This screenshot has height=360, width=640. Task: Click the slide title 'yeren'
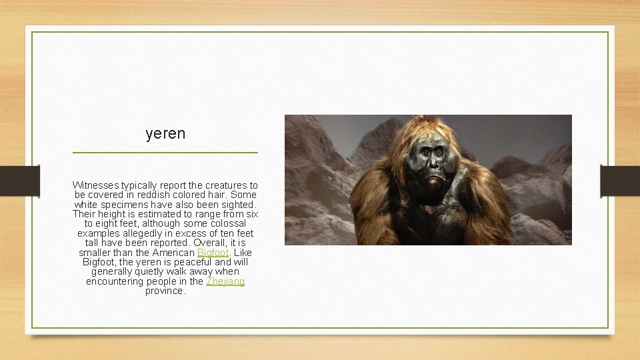click(x=165, y=134)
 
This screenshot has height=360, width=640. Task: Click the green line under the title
click(x=165, y=153)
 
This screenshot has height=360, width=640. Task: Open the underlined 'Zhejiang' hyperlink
click(x=225, y=282)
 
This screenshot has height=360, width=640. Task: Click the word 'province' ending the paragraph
click(x=165, y=291)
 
